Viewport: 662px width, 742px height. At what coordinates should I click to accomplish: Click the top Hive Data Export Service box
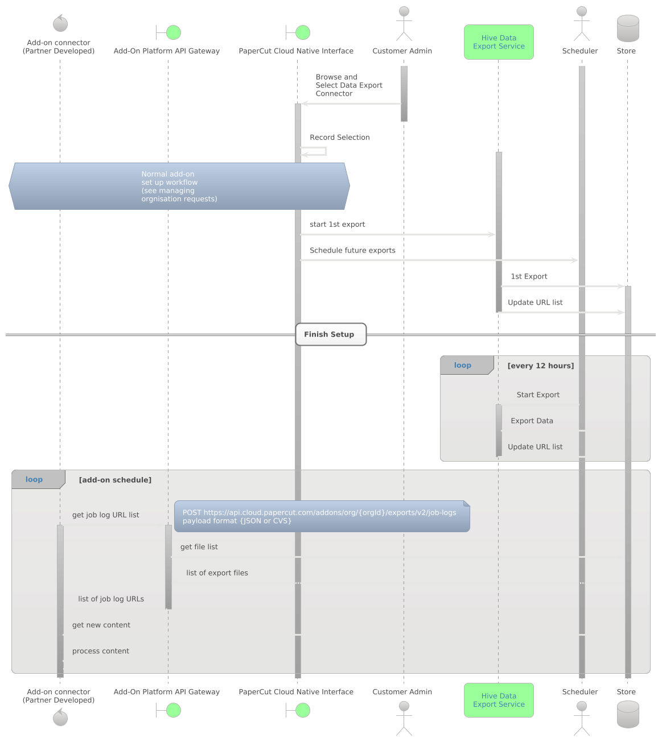click(x=499, y=42)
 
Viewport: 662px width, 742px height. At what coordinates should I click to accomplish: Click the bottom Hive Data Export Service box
click(x=499, y=700)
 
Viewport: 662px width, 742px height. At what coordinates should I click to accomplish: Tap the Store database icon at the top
click(x=628, y=28)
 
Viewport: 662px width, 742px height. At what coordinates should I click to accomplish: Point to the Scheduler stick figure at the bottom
click(x=581, y=718)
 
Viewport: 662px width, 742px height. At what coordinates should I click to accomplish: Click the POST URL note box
click(x=322, y=516)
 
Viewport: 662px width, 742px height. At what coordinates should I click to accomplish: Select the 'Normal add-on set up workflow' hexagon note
click(x=179, y=186)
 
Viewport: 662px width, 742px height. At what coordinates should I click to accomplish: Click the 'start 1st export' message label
click(x=338, y=225)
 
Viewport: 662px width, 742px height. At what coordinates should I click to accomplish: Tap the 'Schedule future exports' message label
click(x=352, y=251)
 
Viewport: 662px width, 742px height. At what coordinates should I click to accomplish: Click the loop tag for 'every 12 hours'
click(x=463, y=366)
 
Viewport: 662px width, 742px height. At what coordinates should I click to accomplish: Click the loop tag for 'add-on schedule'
click(x=35, y=479)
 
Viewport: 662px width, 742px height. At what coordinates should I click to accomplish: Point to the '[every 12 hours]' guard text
click(x=541, y=366)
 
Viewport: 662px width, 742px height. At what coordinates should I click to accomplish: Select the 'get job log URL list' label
click(x=106, y=515)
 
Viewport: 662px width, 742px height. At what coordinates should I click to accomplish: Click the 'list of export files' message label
click(x=217, y=573)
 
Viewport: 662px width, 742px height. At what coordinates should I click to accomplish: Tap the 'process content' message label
click(x=101, y=651)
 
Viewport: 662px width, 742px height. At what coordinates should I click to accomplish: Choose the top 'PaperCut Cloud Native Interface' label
click(x=296, y=51)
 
